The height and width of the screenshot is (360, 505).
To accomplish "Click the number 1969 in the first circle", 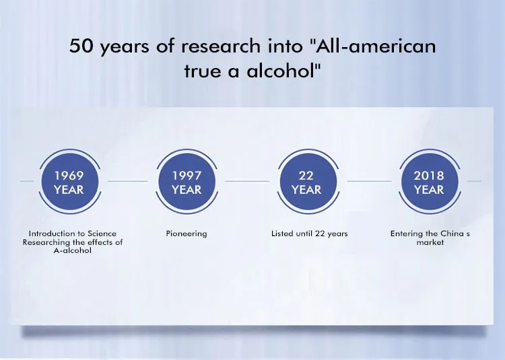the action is pos(69,176).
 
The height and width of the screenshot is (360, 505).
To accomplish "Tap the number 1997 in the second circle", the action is pos(187,176).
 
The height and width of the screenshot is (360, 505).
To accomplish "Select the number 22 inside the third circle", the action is pos(306,176).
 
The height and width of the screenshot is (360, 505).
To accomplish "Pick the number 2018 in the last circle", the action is pos(429,176).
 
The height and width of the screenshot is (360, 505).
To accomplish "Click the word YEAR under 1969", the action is pos(69,190).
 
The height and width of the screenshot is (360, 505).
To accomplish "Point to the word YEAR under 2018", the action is pos(429,190).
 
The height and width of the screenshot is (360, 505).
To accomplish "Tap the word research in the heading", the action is pos(221,46).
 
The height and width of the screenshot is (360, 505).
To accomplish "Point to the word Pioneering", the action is pos(187,234).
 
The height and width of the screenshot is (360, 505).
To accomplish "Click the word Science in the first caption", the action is pos(102,233).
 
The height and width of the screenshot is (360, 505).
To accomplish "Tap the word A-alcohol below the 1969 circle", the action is pos(73,250).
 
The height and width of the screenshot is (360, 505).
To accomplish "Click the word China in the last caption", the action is pos(452,233).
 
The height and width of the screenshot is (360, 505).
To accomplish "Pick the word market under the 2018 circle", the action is pos(430,242).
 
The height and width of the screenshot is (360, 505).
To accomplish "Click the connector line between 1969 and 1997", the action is pos(127,181).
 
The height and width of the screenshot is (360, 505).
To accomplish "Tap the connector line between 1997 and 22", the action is pos(247,181).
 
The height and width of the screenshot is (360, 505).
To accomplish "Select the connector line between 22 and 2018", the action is pos(370,181).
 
